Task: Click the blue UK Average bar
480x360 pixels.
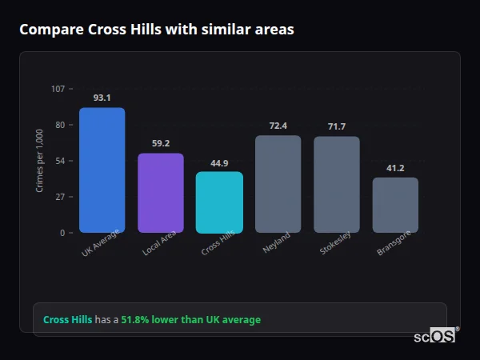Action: [x=102, y=170]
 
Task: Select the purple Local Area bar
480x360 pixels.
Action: [x=161, y=193]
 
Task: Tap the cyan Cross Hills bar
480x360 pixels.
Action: [x=219, y=202]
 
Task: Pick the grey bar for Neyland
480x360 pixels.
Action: [x=278, y=184]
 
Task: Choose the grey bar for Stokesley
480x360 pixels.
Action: [x=336, y=185]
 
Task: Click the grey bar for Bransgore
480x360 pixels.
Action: [x=395, y=205]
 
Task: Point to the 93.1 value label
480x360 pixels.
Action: [x=102, y=98]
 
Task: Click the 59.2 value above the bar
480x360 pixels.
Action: [x=161, y=143]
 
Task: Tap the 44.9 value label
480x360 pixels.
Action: [x=219, y=162]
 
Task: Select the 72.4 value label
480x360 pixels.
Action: [x=278, y=126]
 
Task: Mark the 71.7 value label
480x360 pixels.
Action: [x=336, y=126]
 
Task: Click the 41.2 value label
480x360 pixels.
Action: [x=395, y=168]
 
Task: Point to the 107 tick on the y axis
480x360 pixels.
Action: [x=58, y=89]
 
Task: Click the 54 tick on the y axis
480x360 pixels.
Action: [x=60, y=161]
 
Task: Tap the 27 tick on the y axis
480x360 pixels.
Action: [x=60, y=197]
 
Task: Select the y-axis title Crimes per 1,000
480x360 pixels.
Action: [x=40, y=161]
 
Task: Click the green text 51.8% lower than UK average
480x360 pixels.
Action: [x=190, y=320]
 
